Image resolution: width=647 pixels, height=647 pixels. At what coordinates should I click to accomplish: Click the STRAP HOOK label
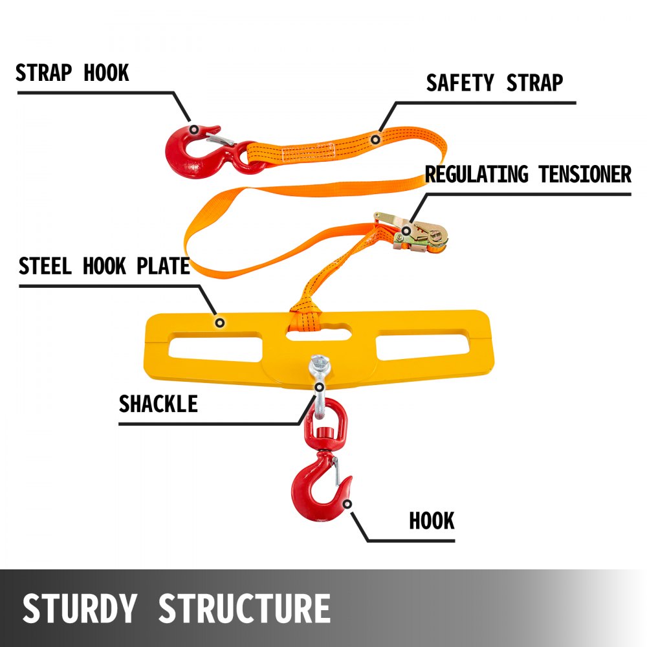point(72,73)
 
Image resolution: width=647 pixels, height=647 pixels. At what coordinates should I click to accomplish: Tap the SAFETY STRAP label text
point(494,83)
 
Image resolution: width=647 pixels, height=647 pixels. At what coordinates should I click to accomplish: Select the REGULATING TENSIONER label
point(528,175)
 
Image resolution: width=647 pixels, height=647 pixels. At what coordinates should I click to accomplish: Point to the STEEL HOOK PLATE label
point(104,266)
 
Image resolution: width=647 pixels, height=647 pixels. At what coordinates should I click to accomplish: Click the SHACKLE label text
point(158,404)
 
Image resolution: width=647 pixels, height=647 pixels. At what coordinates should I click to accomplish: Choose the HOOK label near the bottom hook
point(432,520)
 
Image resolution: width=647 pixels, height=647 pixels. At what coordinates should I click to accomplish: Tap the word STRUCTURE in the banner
point(244,609)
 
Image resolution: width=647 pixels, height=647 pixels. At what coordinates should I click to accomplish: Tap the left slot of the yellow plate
point(214,344)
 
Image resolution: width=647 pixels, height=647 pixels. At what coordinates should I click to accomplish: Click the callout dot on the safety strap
point(375,138)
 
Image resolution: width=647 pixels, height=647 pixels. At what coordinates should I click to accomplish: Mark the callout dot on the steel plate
point(220,322)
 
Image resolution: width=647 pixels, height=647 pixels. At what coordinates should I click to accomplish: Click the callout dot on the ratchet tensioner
point(406,230)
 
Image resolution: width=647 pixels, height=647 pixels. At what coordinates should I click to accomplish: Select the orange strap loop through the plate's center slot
point(308,317)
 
